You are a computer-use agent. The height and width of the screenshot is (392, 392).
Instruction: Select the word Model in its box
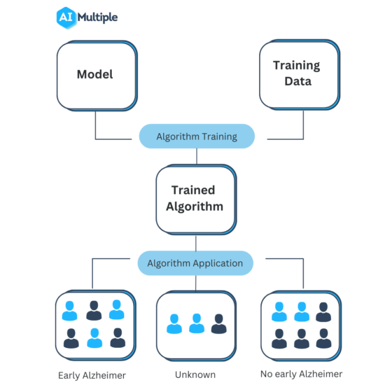pyautogui.click(x=94, y=74)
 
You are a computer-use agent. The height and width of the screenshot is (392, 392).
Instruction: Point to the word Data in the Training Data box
pyautogui.click(x=296, y=81)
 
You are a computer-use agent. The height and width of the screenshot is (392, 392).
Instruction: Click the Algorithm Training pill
pyautogui.click(x=197, y=136)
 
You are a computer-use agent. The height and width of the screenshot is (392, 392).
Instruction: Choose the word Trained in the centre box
pyautogui.click(x=193, y=190)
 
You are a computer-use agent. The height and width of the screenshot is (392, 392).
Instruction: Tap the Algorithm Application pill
pyautogui.click(x=195, y=263)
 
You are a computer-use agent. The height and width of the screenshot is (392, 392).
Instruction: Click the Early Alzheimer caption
pyautogui.click(x=92, y=375)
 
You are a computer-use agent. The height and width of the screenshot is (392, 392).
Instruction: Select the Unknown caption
pyautogui.click(x=196, y=374)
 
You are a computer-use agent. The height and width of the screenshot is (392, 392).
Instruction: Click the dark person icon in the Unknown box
pyautogui.click(x=219, y=324)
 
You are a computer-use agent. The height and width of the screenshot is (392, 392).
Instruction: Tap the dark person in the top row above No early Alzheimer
pyautogui.click(x=323, y=311)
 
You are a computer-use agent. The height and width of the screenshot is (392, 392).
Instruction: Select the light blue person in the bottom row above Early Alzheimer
pyautogui.click(x=94, y=338)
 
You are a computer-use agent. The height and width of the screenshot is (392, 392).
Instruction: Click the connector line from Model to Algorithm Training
pyautogui.click(x=96, y=126)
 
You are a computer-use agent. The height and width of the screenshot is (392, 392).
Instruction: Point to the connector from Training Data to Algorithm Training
pyautogui.click(x=303, y=126)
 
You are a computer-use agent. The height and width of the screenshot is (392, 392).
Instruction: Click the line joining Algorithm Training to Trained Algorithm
pyautogui.click(x=196, y=156)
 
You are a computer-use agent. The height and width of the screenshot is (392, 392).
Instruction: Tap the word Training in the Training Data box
pyautogui.click(x=296, y=65)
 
